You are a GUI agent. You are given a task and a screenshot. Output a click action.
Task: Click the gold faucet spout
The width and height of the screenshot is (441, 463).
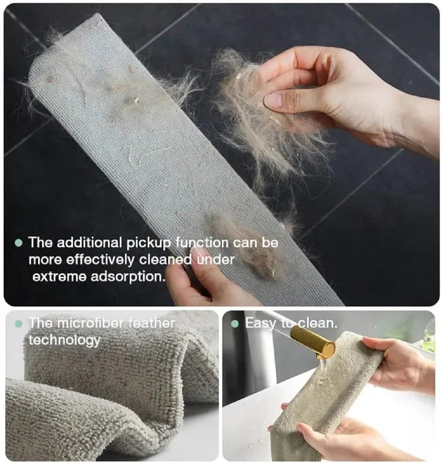point(313,341)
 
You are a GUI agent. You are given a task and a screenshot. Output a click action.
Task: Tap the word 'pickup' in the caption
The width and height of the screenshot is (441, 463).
point(149,243)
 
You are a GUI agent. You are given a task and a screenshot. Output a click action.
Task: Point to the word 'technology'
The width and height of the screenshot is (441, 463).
point(65,340)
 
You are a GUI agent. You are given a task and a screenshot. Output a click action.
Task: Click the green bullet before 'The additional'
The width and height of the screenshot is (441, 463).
point(19,243)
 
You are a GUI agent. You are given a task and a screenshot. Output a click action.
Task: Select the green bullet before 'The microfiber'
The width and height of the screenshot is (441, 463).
point(19,324)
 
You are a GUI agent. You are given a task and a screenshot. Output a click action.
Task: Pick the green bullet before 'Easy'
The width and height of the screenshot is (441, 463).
point(235,324)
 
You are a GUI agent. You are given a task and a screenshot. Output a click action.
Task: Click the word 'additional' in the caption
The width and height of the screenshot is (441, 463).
point(89,242)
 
